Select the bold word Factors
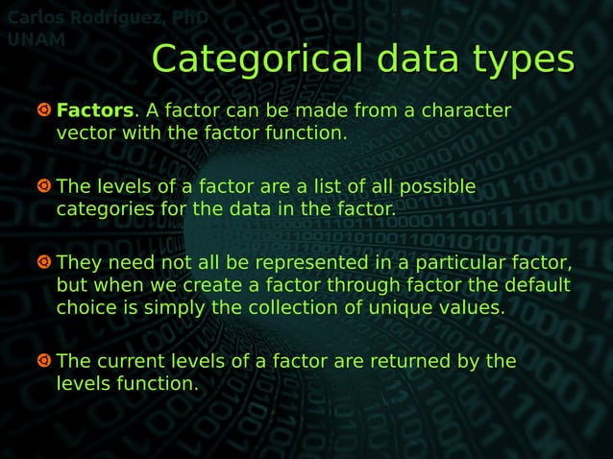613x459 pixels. tap(93, 110)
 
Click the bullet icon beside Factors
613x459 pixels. tap(44, 110)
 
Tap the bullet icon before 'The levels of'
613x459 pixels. tap(44, 185)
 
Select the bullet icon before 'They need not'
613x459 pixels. tap(44, 262)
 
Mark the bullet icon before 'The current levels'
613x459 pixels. tap(44, 361)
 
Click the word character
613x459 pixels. tap(465, 110)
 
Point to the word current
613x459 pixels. tap(131, 362)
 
